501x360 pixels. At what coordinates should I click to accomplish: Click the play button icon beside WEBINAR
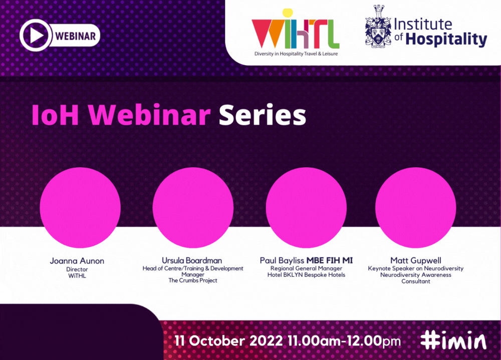[36, 35]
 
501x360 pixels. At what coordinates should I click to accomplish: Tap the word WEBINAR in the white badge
[76, 36]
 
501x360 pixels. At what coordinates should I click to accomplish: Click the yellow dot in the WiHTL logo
[288, 13]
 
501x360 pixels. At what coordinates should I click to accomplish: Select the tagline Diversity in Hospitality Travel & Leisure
[296, 54]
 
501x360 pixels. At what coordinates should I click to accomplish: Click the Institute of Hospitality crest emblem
[378, 27]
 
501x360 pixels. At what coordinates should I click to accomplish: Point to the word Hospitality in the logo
[446, 39]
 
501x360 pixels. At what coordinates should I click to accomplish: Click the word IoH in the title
[55, 115]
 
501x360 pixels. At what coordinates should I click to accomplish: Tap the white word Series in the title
[263, 115]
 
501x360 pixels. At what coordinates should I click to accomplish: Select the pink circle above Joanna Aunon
[80, 208]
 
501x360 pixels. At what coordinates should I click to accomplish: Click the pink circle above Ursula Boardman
[193, 208]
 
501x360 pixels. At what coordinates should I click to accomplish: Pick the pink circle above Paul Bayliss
[306, 208]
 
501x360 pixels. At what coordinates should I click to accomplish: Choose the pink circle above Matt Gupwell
[416, 208]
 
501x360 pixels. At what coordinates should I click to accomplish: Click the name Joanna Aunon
[77, 261]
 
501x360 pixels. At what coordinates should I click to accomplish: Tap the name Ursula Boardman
[192, 260]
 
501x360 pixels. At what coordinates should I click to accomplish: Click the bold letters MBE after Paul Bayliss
[315, 260]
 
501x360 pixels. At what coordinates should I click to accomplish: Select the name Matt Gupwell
[416, 261]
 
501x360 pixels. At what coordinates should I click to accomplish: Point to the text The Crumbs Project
[193, 280]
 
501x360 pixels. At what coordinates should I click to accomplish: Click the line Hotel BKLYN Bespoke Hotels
[307, 275]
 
